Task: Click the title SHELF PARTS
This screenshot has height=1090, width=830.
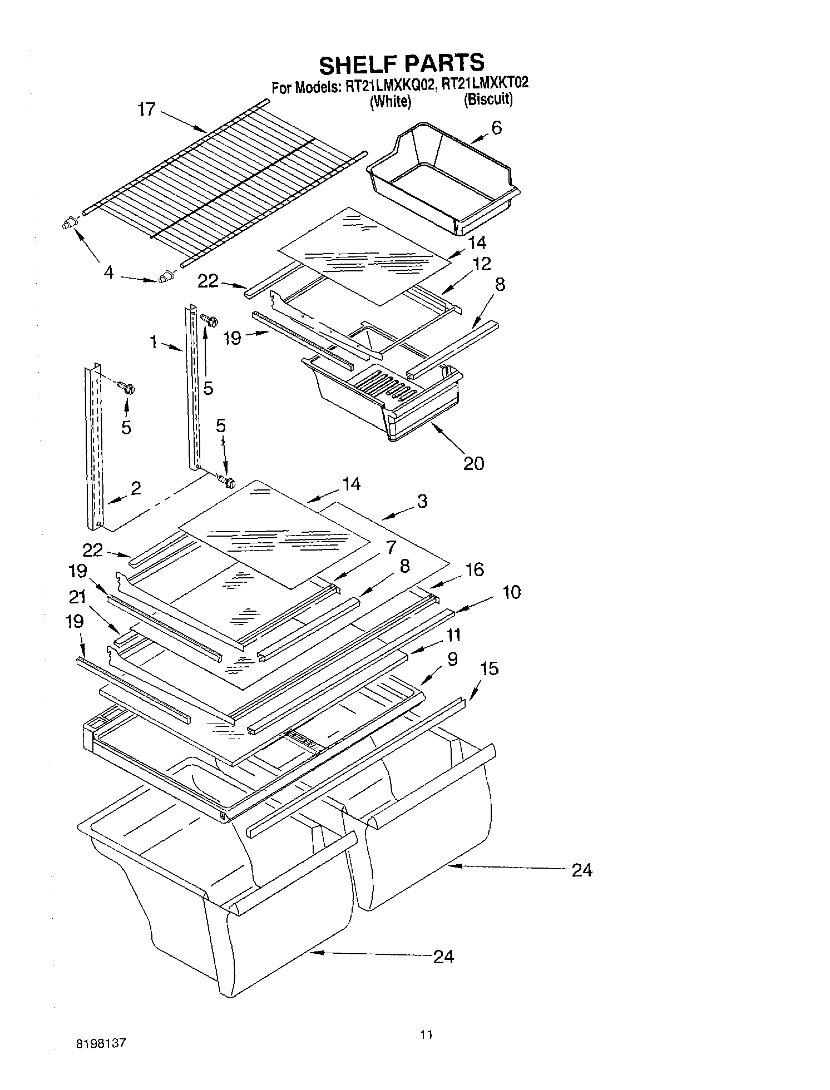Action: (401, 63)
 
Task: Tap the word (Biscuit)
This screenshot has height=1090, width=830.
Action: (487, 100)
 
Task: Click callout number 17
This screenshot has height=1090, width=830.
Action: (147, 109)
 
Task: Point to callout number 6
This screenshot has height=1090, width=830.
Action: (496, 127)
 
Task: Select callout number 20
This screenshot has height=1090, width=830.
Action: (473, 463)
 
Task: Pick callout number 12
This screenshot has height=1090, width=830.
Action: (482, 264)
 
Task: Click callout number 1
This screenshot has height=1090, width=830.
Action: (154, 341)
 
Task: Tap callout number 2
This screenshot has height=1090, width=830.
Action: (136, 488)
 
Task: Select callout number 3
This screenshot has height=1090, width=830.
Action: (422, 501)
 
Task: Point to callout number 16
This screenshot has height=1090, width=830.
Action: (475, 569)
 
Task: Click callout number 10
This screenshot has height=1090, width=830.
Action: (511, 592)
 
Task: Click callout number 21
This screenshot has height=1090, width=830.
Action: (77, 597)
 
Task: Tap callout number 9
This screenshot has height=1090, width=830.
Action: (452, 659)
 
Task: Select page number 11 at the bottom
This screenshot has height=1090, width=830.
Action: (426, 1035)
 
